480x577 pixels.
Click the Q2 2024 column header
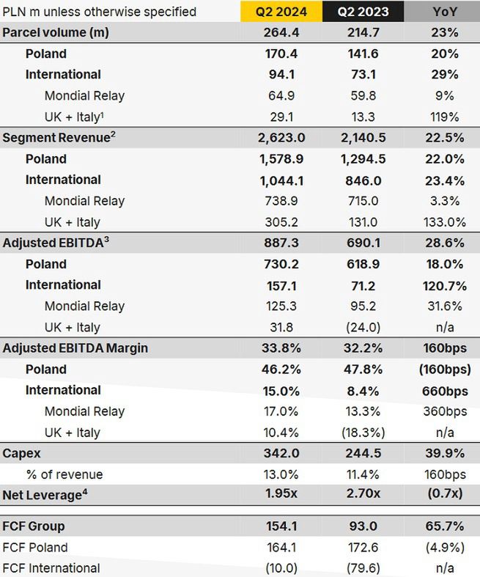tap(281, 11)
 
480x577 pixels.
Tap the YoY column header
tap(444, 11)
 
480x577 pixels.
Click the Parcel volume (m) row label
tap(55, 32)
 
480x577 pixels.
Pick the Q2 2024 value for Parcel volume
tap(281, 32)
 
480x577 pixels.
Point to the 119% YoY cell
tap(444, 117)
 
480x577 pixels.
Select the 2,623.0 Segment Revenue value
tap(281, 138)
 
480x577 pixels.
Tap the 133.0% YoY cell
tap(444, 222)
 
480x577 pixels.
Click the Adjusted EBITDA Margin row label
tap(75, 348)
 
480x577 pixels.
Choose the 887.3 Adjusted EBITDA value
tap(281, 243)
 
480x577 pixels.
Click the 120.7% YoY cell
tap(444, 285)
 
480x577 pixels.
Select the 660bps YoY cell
tap(444, 390)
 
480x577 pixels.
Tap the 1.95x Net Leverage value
tap(281, 494)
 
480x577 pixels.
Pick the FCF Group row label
tap(34, 526)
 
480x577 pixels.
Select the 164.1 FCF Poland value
tap(281, 547)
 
